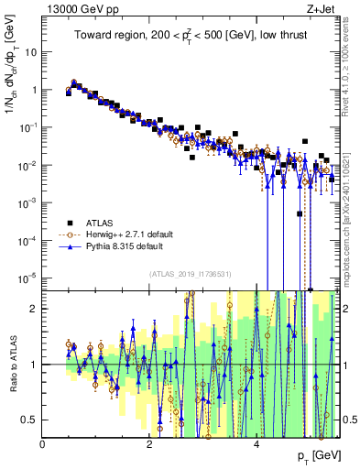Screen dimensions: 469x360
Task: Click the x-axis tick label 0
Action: pos(43,445)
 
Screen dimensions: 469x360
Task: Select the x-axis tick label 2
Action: pos(149,445)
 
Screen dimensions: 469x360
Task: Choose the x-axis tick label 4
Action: pos(256,445)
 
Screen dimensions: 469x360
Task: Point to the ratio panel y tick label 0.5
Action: pos(30,420)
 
